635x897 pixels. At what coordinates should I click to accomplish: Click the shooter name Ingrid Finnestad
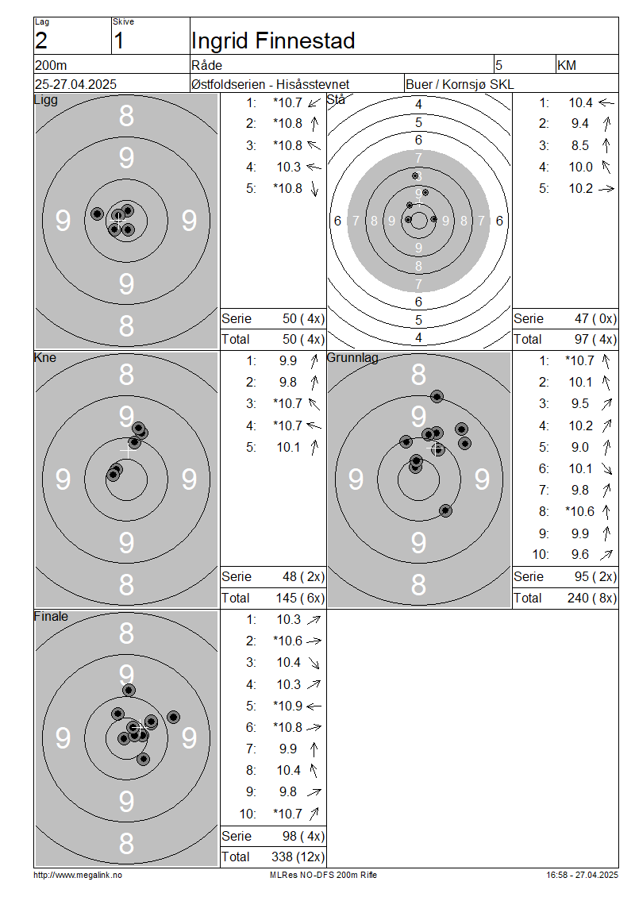coord(273,40)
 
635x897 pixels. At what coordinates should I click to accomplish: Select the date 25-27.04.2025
coord(75,84)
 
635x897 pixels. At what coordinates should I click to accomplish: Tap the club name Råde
coord(206,65)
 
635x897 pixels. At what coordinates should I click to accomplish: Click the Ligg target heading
coord(46,100)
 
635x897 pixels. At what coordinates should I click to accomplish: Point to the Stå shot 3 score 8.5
coord(580,145)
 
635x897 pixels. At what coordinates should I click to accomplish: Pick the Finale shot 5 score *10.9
coord(288,706)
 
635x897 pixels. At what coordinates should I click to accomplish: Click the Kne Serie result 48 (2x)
coord(303,576)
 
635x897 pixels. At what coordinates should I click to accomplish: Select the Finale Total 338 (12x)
coord(298,857)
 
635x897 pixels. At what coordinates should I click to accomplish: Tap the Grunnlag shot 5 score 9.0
coord(580,447)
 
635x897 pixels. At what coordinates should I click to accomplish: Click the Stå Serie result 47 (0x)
coord(595,318)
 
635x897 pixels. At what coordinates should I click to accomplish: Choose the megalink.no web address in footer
coord(78,875)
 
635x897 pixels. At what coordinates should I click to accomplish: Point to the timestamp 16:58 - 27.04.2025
coord(582,875)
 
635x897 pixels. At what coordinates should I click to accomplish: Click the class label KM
coord(567,65)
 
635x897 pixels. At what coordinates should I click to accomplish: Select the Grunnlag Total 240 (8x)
coord(592,598)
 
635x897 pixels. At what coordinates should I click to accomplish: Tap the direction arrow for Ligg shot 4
coord(314,167)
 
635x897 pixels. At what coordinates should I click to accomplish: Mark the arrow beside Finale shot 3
coord(314,663)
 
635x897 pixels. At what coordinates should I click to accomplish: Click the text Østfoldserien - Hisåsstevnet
coord(270,84)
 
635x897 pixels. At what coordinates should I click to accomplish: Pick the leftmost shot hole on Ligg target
coord(98,214)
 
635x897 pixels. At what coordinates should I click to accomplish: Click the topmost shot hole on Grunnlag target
coord(437,396)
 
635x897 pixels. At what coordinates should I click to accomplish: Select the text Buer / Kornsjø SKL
coord(460,84)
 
